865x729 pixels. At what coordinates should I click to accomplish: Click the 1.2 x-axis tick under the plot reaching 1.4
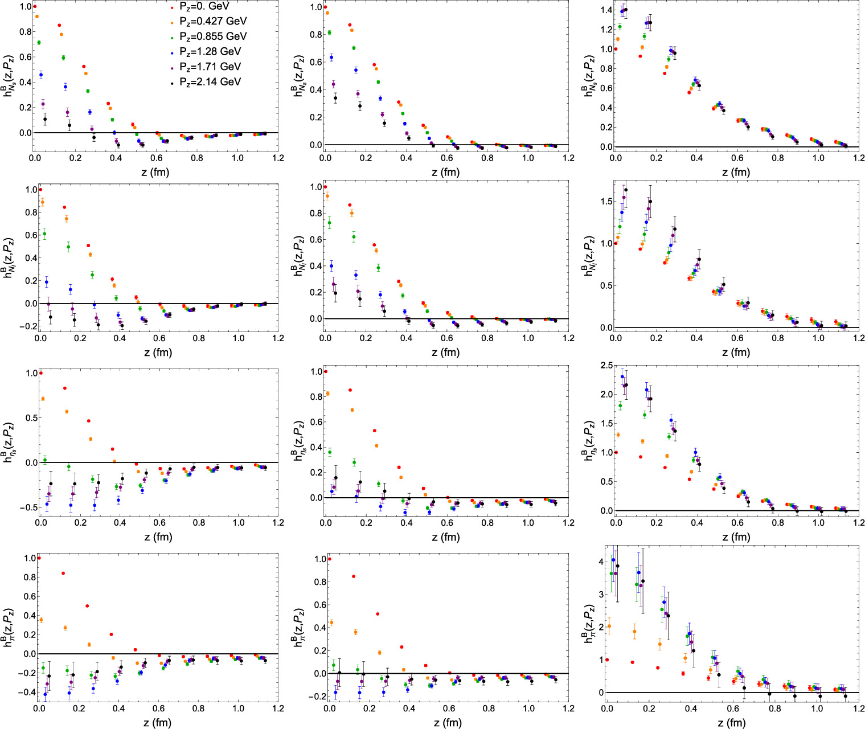tap(858, 158)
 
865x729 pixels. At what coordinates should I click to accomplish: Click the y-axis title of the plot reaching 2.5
tap(585, 440)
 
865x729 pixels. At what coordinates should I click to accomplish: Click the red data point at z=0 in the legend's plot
tap(35, 7)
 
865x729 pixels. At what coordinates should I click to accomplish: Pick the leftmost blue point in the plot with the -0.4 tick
tap(44, 694)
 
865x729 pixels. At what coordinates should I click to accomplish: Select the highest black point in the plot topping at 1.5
tap(626, 190)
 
